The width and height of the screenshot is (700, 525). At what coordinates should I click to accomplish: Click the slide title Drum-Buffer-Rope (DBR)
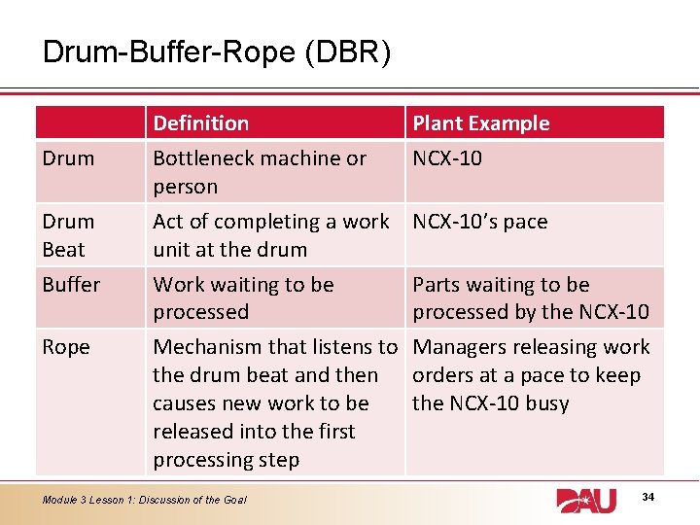tap(217, 52)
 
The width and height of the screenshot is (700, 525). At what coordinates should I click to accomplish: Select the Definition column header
tap(201, 123)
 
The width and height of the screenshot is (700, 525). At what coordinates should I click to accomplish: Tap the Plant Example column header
tap(481, 123)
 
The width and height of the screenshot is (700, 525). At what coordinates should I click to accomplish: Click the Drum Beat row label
tap(68, 235)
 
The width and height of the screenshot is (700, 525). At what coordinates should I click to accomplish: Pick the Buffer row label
tap(71, 285)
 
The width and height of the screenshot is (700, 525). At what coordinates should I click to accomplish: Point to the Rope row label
tap(66, 347)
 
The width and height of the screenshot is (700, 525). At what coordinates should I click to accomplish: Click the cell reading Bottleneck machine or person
tap(260, 172)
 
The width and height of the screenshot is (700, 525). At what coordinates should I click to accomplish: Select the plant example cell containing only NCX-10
tap(447, 157)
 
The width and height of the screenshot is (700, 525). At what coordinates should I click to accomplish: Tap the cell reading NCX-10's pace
tap(480, 222)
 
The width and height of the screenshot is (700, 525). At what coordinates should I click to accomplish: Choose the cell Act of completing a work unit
tap(271, 235)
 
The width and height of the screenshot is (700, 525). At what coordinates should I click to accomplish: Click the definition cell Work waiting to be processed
tap(243, 298)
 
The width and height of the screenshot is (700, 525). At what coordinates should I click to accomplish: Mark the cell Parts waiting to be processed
tap(530, 298)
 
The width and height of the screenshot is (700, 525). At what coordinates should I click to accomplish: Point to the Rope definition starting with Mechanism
tap(275, 402)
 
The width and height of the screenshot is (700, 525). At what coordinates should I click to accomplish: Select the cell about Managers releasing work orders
tap(531, 375)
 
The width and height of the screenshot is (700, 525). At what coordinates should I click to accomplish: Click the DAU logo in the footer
tap(586, 500)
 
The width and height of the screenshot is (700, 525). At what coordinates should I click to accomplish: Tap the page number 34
tap(648, 498)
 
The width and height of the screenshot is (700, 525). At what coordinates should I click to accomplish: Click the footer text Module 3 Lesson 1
tap(144, 500)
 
